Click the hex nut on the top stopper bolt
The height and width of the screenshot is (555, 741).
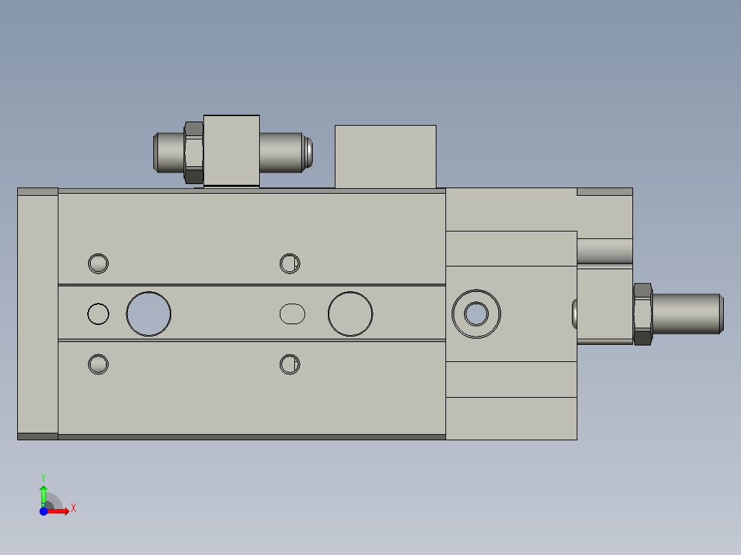click(x=194, y=152)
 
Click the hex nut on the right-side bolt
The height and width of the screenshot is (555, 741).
click(x=642, y=314)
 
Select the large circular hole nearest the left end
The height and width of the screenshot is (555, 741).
click(x=148, y=314)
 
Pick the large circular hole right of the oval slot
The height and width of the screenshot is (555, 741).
click(x=351, y=314)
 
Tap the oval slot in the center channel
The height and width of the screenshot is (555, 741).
click(x=292, y=314)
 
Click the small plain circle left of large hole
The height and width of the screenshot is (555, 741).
click(x=98, y=314)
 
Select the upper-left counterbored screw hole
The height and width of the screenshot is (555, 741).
click(x=98, y=263)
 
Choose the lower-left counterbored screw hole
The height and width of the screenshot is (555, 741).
click(x=98, y=364)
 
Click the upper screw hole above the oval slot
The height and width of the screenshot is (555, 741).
click(x=290, y=263)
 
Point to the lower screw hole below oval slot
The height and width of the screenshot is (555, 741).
click(x=290, y=364)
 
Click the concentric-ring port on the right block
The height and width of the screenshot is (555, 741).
click(x=476, y=314)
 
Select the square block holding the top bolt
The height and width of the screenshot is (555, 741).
click(x=232, y=150)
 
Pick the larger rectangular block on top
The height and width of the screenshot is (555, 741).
click(x=385, y=157)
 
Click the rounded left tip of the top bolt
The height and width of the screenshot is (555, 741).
click(x=157, y=152)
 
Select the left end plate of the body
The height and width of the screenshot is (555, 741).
click(x=37, y=314)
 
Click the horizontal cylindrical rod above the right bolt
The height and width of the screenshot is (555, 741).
click(x=604, y=251)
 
